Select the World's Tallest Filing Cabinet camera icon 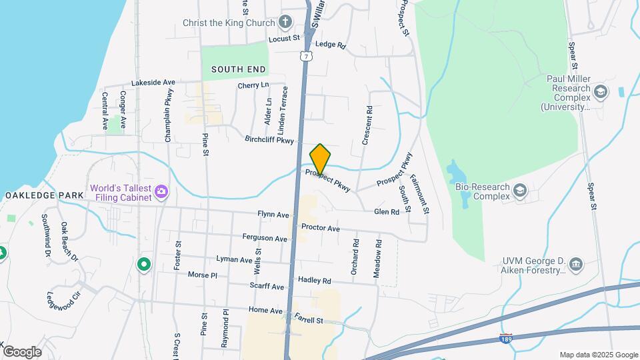pos(161,193)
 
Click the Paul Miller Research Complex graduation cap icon pos(600,91)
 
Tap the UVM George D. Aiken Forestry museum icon pos(577,265)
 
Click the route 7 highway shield pos(305,57)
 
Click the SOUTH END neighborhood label pos(239,69)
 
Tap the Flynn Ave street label pos(273,215)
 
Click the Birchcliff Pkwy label pos(269,141)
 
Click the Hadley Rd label pos(315,281)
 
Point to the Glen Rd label pos(387,211)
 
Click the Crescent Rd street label pos(366,125)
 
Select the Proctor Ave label pos(321,228)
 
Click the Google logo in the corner pos(22,351)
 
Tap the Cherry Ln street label pos(253,85)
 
